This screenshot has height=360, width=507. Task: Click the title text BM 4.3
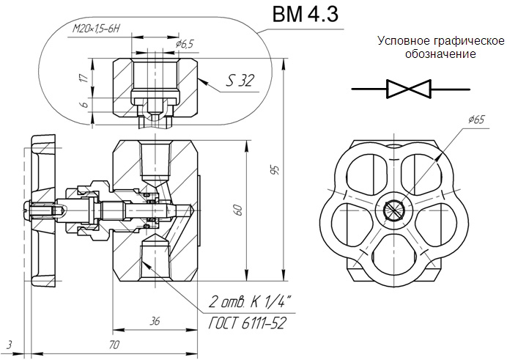(306, 15)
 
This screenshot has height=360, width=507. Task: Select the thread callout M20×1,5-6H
(96, 29)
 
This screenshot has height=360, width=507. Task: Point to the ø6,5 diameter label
(185, 44)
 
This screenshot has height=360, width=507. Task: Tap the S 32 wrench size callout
(240, 81)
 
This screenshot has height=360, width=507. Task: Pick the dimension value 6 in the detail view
(84, 104)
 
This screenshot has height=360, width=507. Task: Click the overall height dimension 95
(275, 170)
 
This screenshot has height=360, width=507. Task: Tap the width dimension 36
(155, 322)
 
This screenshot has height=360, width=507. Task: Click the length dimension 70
(114, 345)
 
